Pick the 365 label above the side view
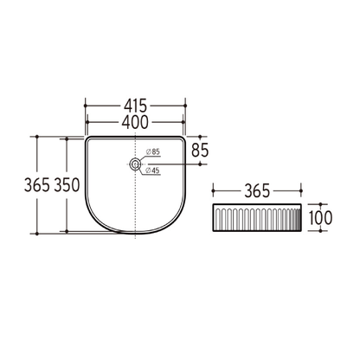[258, 189]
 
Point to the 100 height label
[319, 219]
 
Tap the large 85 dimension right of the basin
[201, 150]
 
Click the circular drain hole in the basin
[135, 164]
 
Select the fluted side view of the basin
[258, 219]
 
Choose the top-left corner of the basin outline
[86, 137]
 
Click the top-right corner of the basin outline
[184, 137]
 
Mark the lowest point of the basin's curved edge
[135, 233]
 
